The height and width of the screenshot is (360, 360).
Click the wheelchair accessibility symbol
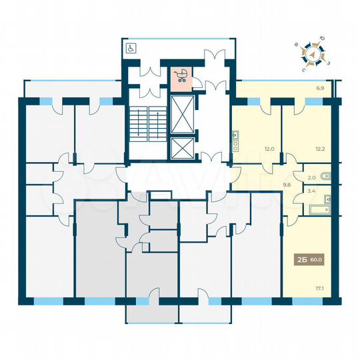[x=131, y=48]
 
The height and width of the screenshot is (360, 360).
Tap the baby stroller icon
[x=181, y=76]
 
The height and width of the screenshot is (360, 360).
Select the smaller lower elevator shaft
[x=181, y=149]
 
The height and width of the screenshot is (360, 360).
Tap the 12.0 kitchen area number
[x=251, y=149]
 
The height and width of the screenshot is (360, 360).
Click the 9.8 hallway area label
[x=269, y=186]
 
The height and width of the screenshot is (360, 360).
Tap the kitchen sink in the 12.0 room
[x=236, y=136]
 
